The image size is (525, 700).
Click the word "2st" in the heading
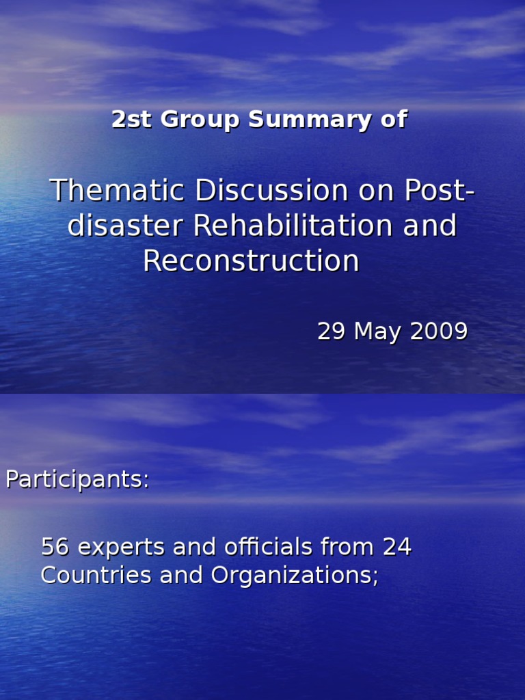(129, 120)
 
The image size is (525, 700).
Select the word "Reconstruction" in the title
(251, 261)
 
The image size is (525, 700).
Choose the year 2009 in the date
(439, 332)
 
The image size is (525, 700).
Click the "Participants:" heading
(77, 480)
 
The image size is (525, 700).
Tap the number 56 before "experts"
(55, 547)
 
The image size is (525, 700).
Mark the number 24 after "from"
(397, 547)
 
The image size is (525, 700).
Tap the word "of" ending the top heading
(393, 120)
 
